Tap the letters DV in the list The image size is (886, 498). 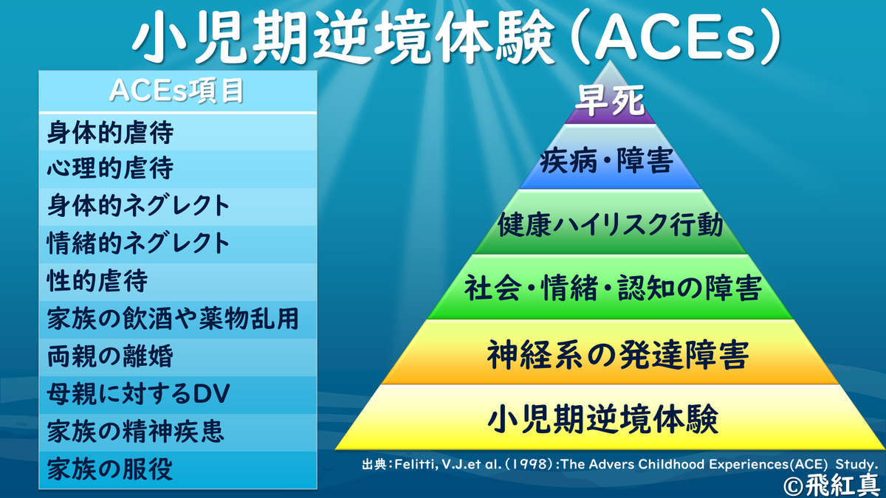211,394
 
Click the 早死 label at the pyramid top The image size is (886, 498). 610,100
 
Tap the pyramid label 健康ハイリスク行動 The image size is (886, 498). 611,224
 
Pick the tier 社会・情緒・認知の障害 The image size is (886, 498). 613,288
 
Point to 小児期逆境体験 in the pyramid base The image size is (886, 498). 603,419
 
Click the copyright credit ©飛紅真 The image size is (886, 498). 834,485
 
